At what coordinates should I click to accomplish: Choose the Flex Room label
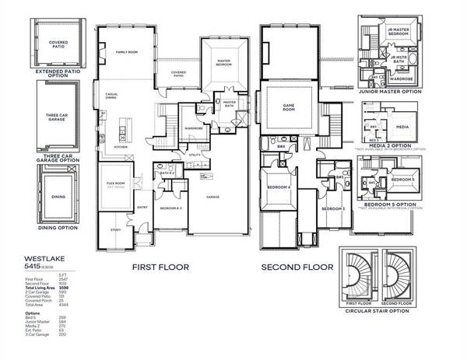117,184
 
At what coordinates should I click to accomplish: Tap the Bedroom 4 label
278,187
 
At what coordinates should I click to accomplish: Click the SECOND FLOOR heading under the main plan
297,267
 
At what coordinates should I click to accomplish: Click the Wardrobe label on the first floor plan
172,129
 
